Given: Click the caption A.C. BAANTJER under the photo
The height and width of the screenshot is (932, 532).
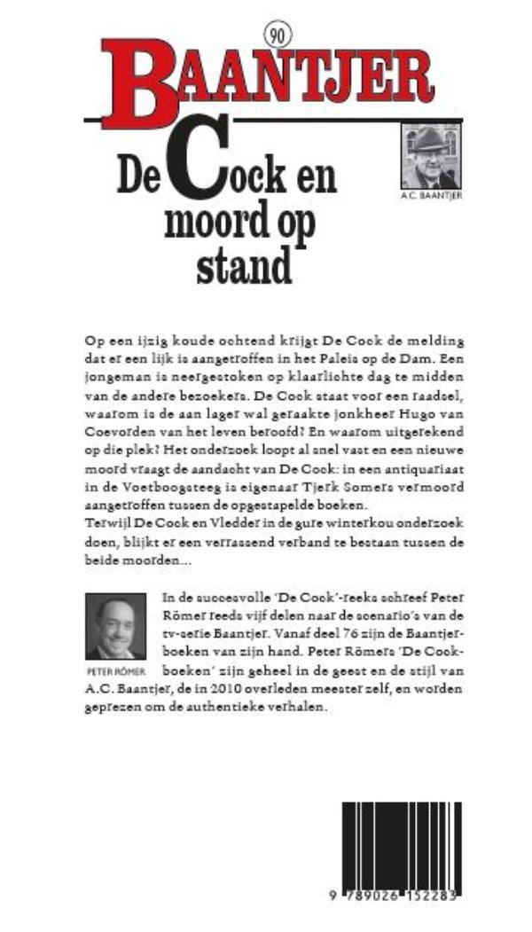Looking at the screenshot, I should point(431,197).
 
